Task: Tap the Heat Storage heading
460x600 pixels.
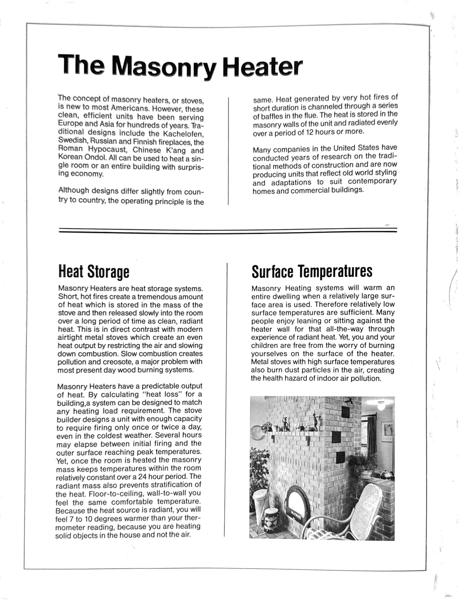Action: point(94,271)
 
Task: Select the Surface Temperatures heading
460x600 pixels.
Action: point(312,271)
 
